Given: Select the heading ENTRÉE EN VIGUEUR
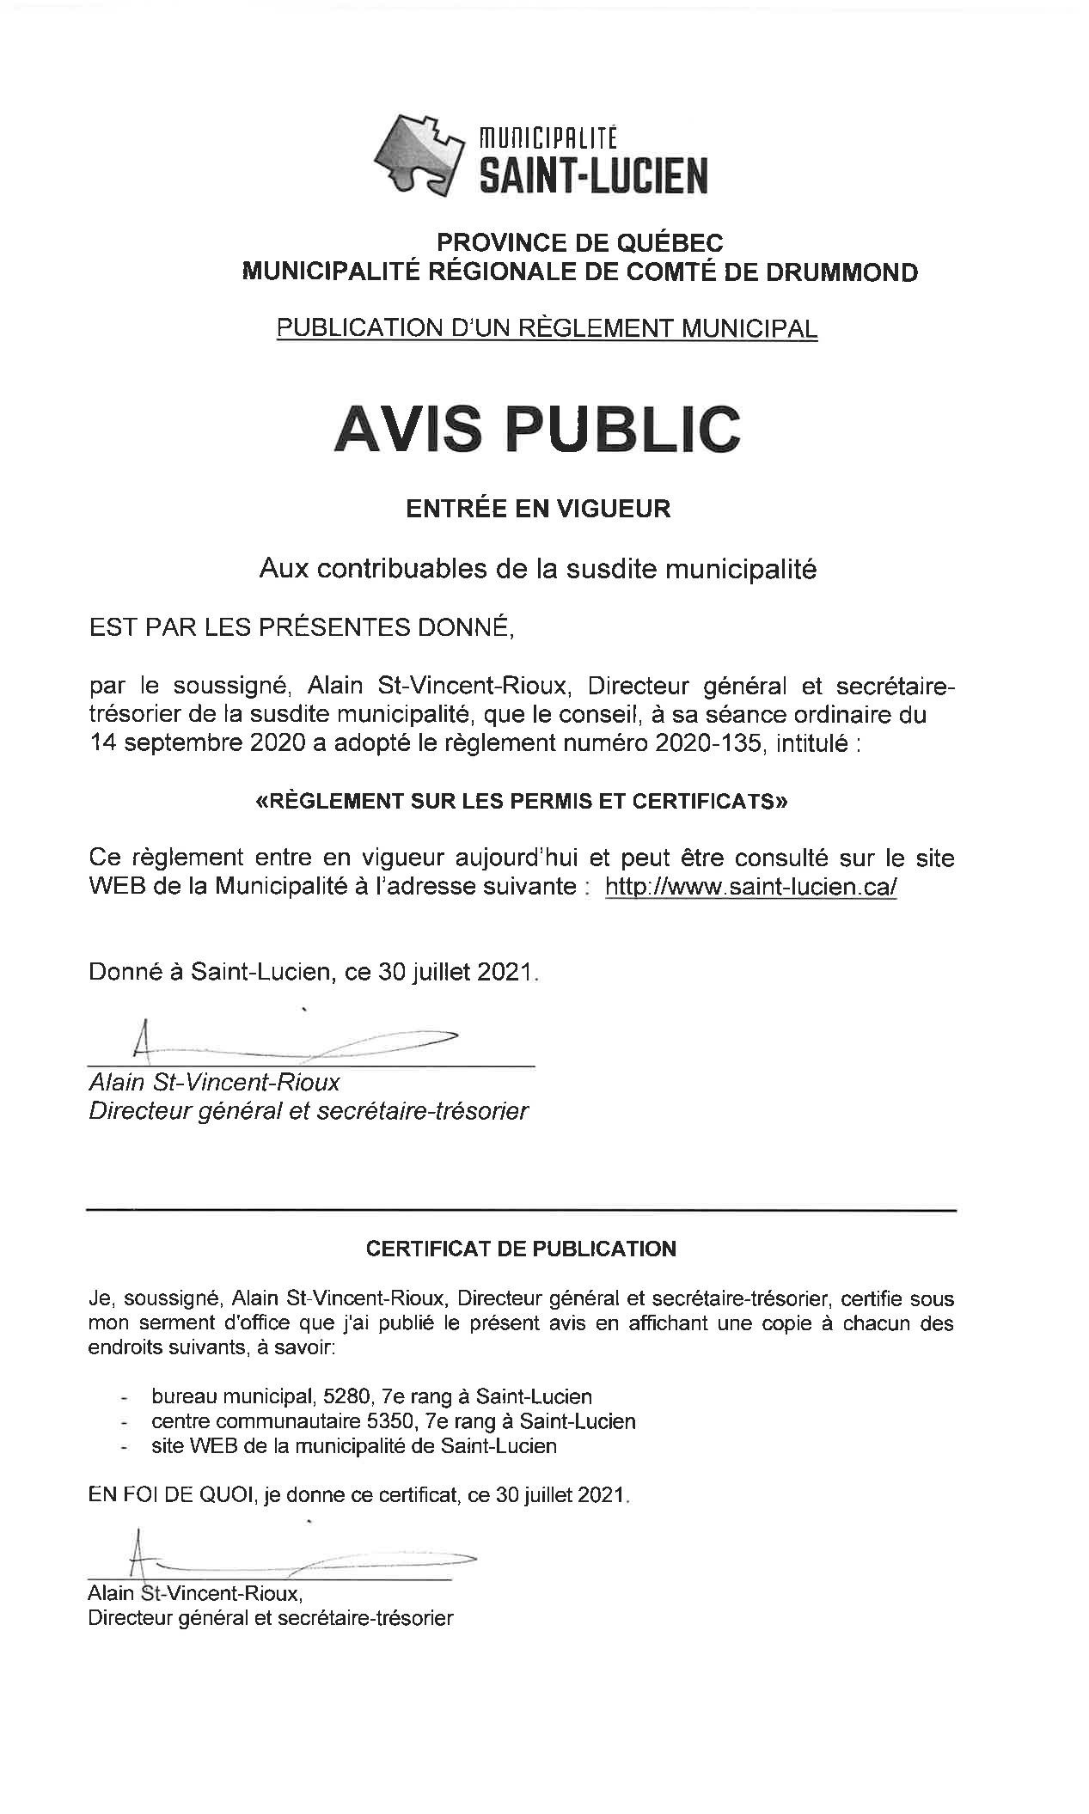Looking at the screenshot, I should (x=538, y=509).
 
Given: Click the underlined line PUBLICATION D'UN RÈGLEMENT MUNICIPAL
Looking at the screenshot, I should (x=546, y=327).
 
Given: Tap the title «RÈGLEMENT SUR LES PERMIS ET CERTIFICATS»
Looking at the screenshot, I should (x=522, y=802).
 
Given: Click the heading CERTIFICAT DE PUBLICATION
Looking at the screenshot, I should (x=521, y=1249).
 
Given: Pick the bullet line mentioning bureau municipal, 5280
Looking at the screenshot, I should (x=371, y=1396).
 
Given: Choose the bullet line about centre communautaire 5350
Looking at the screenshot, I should (x=393, y=1420).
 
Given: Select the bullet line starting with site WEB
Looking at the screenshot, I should (x=353, y=1445).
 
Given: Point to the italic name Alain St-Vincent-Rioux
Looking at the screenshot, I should (x=214, y=1082).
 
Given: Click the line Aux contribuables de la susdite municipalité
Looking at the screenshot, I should (x=538, y=569).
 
